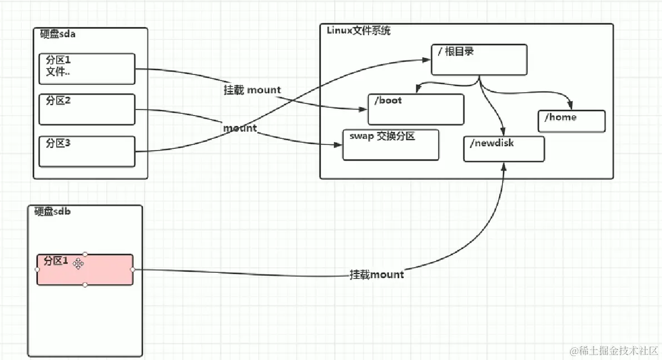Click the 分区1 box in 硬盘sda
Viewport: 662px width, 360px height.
point(87,69)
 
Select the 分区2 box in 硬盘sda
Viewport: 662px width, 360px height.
point(87,109)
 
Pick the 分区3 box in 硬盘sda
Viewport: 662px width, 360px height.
point(87,152)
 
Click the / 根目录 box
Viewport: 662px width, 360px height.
point(479,60)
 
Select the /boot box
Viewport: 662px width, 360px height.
point(415,109)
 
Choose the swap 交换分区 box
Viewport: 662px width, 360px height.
point(390,145)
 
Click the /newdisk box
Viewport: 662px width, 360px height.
point(504,149)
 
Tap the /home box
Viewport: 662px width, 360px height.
point(571,121)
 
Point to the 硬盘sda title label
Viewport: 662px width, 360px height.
point(58,34)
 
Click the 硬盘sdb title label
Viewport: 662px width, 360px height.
point(52,212)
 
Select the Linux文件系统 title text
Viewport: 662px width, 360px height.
point(359,31)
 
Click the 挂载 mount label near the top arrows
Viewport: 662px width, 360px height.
point(252,90)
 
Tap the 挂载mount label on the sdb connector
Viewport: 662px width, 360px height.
point(377,274)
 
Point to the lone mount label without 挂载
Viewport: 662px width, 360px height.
point(240,128)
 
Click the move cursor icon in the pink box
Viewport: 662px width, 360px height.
point(78,263)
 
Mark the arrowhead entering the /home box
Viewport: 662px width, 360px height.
point(570,107)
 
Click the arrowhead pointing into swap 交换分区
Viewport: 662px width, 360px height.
point(339,145)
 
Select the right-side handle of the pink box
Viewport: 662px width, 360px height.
point(133,269)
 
